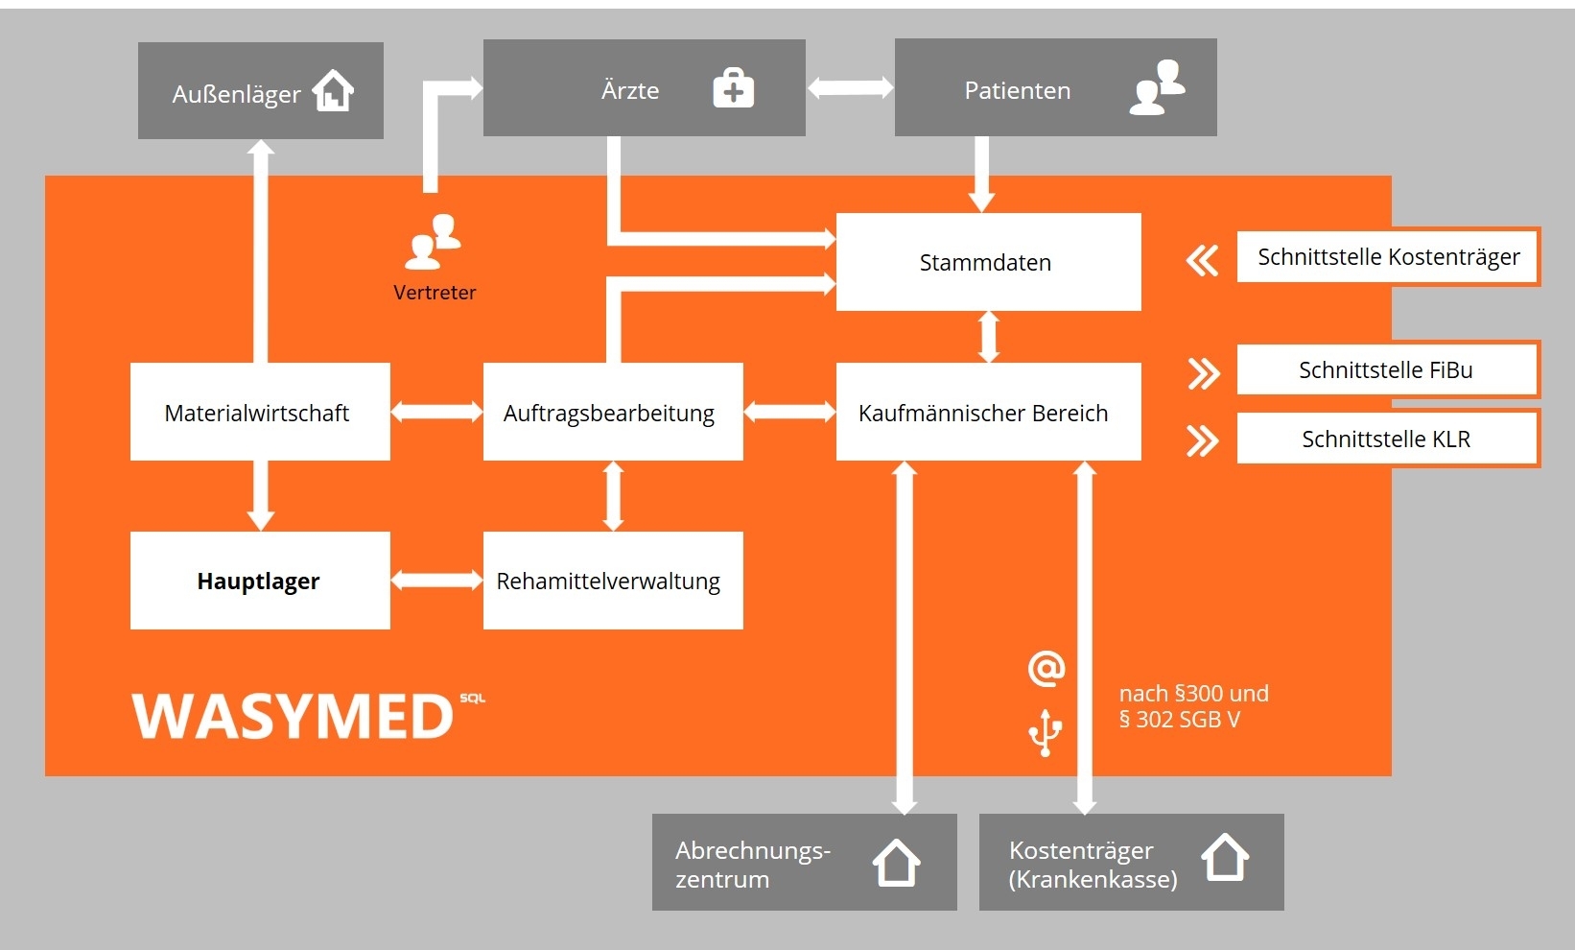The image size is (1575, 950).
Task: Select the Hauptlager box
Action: pyautogui.click(x=260, y=581)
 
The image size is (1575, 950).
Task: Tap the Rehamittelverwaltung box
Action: pyautogui.click(x=613, y=581)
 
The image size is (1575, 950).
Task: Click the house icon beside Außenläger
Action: pyautogui.click(x=334, y=91)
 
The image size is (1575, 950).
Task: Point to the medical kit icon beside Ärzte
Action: pyautogui.click(x=734, y=89)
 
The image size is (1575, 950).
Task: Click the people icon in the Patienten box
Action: pyautogui.click(x=1158, y=88)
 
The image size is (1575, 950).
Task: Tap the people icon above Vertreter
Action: pyautogui.click(x=434, y=242)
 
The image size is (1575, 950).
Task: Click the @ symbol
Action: pyautogui.click(x=1046, y=668)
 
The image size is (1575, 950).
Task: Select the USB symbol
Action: pyautogui.click(x=1046, y=733)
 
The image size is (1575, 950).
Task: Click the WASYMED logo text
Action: pyautogui.click(x=293, y=716)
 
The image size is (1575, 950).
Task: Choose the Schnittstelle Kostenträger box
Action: pyautogui.click(x=1388, y=256)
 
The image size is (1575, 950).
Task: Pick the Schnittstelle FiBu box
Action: pyautogui.click(x=1387, y=369)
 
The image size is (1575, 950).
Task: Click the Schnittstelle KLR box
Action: pyautogui.click(x=1387, y=439)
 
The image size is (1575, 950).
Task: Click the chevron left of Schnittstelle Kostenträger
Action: pyautogui.click(x=1202, y=260)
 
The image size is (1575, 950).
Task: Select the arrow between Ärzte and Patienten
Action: pyautogui.click(x=850, y=88)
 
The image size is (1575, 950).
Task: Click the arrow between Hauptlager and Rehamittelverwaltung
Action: pyautogui.click(x=436, y=580)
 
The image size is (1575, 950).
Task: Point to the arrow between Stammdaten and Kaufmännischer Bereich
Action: pyautogui.click(x=989, y=337)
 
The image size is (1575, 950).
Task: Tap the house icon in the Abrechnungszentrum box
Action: pyautogui.click(x=897, y=862)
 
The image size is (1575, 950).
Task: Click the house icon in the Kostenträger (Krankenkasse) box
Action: pyautogui.click(x=1225, y=857)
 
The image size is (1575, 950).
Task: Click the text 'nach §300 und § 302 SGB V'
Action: pyautogui.click(x=1193, y=706)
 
